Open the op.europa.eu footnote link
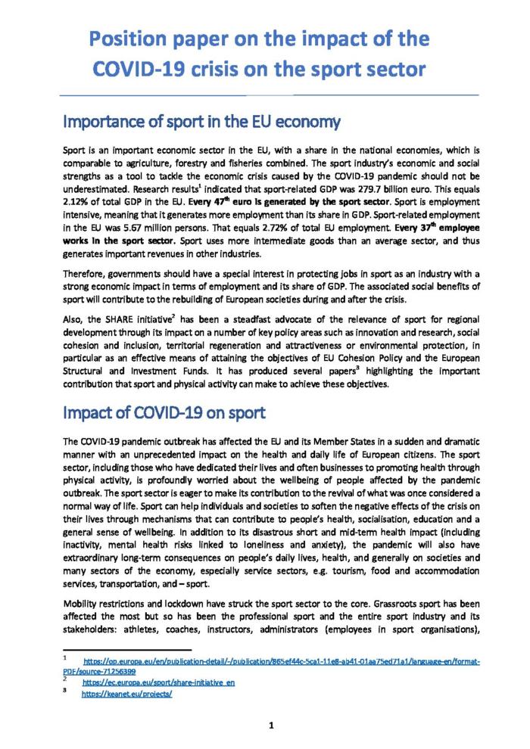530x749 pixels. (280, 661)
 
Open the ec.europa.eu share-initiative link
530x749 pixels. (158, 682)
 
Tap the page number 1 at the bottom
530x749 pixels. (270, 726)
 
